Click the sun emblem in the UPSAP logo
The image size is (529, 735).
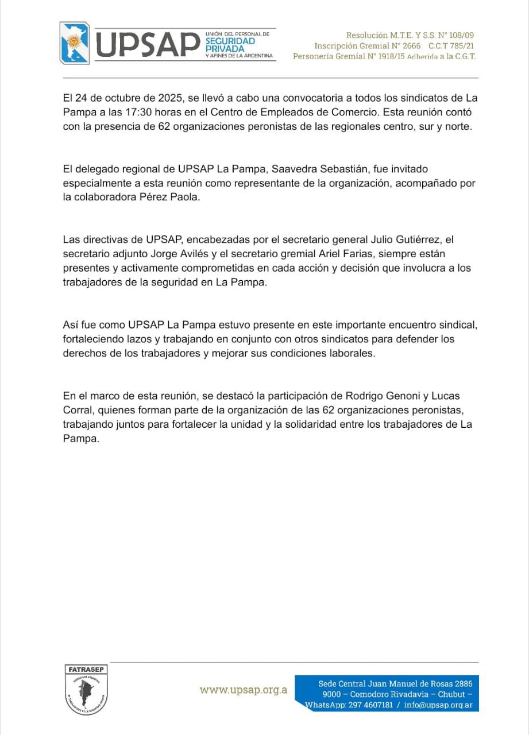(73, 41)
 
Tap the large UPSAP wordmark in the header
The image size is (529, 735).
(147, 44)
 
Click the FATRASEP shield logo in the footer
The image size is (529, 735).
(86, 688)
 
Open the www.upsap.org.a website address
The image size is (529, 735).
(244, 690)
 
